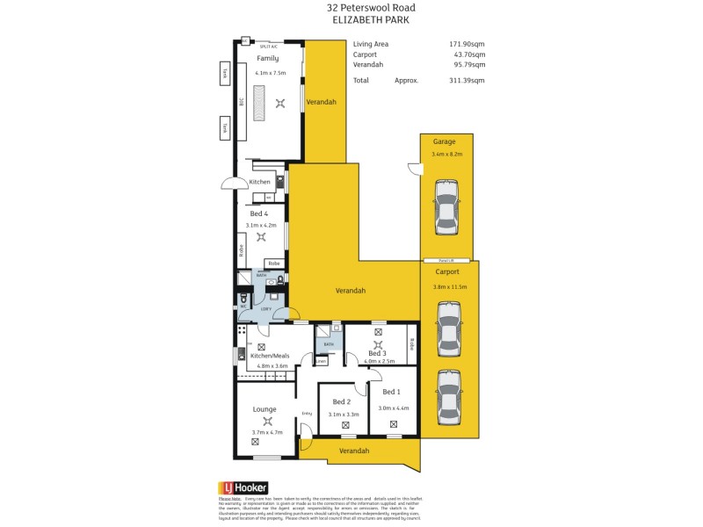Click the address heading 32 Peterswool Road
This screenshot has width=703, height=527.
[351, 7]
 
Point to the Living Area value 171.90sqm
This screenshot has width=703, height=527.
[467, 43]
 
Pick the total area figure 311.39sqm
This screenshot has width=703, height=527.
[467, 80]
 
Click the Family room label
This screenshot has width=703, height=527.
[267, 58]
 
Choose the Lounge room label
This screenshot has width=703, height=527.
[265, 408]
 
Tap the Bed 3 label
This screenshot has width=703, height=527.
[377, 352]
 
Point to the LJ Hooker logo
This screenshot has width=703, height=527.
[243, 487]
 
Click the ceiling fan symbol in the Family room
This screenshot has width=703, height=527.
[280, 103]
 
